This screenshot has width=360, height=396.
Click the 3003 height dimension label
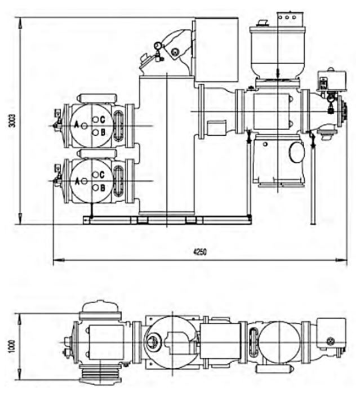coord(12,121)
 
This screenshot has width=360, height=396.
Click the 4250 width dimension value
coord(200,252)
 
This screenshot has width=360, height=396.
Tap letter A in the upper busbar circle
coord(77,124)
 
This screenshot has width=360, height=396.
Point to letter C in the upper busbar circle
coord(103,119)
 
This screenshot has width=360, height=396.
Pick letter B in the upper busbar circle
coord(103,132)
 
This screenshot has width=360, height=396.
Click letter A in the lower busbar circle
coord(77,181)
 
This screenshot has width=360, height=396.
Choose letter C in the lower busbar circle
coord(102,175)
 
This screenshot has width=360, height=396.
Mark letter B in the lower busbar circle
coord(103,188)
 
